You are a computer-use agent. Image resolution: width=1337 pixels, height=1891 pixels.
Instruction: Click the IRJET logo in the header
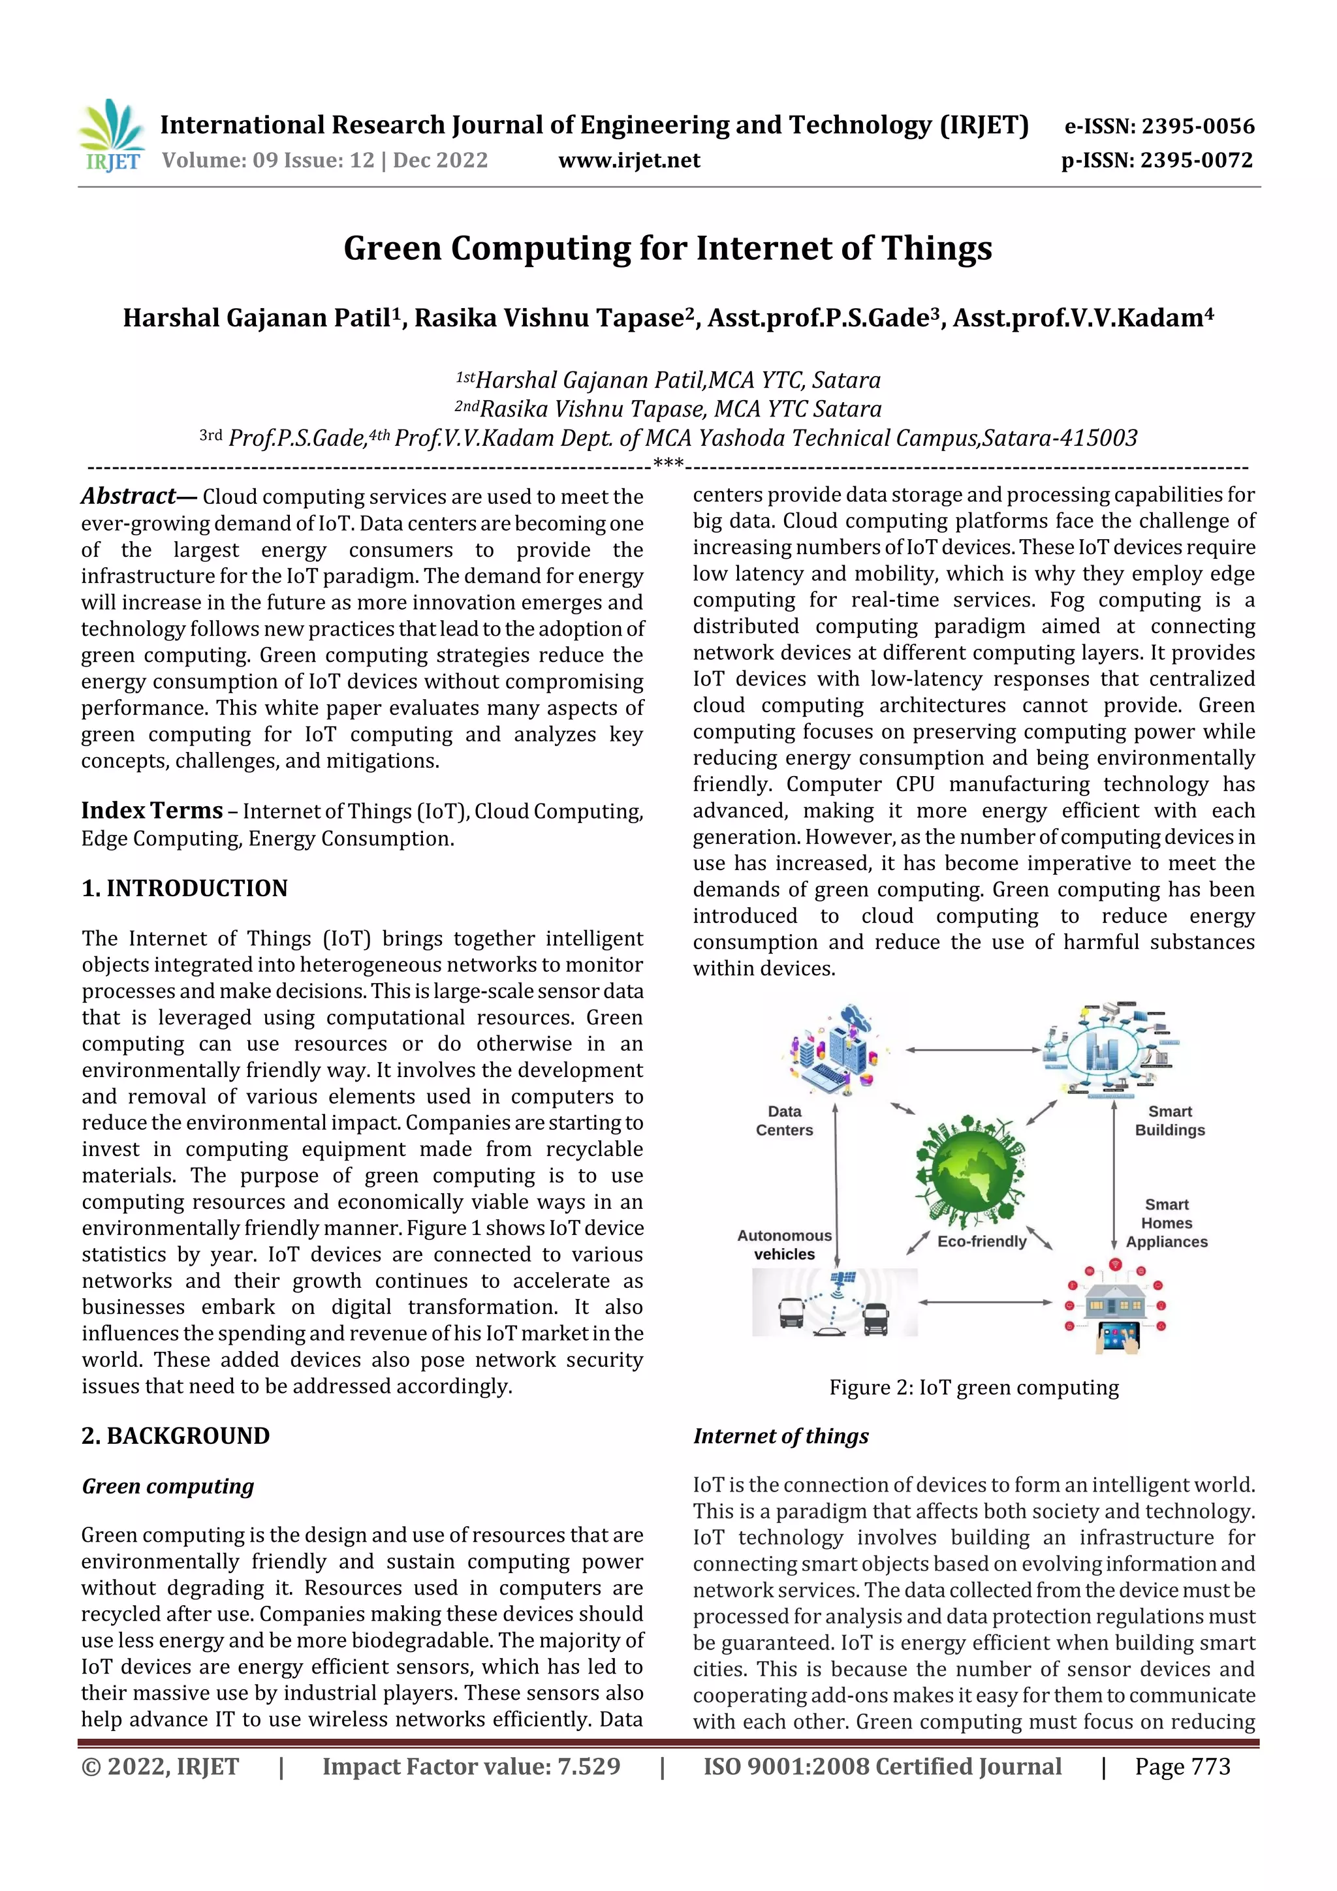click(113, 136)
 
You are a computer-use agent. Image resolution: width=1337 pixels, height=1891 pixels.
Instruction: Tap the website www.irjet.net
click(629, 161)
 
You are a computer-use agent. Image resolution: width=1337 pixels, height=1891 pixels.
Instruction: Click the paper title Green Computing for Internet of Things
click(667, 249)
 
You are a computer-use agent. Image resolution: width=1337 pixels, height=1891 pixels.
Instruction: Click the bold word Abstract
click(129, 496)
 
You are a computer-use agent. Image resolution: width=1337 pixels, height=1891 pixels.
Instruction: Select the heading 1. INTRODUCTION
click(185, 888)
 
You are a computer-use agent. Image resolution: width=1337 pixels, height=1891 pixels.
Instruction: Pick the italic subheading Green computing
click(167, 1486)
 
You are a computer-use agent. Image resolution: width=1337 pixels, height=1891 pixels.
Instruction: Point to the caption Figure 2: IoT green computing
click(974, 1388)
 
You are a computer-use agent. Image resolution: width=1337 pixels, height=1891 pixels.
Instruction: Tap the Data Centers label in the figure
click(783, 1121)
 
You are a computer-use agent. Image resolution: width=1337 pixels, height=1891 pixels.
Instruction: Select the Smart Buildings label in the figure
click(1169, 1121)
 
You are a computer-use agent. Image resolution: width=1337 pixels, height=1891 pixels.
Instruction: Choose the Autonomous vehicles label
click(783, 1245)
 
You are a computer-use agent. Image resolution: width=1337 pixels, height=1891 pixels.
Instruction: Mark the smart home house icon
click(1114, 1305)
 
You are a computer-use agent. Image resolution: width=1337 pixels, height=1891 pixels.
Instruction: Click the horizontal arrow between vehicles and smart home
click(984, 1302)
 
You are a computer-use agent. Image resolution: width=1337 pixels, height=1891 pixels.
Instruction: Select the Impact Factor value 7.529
click(471, 1766)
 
